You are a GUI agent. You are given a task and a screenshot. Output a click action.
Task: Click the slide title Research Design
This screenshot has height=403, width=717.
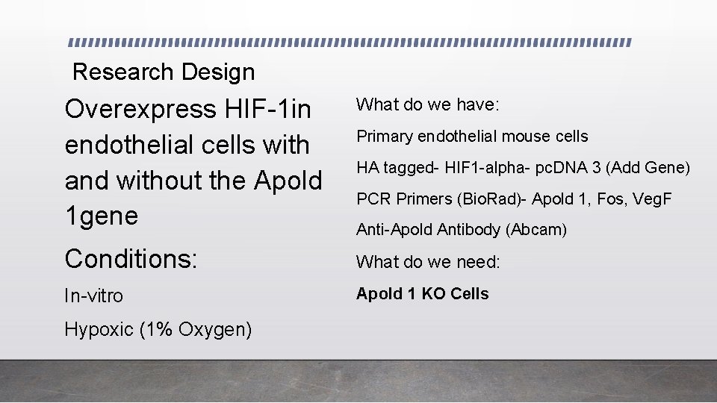164,72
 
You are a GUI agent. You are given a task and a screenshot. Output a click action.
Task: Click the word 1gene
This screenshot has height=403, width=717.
102,216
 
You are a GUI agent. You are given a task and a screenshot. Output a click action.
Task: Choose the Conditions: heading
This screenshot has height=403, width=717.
131,259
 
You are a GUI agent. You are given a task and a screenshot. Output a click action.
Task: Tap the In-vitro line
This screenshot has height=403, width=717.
93,296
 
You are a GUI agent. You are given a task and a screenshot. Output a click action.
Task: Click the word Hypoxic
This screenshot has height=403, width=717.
99,329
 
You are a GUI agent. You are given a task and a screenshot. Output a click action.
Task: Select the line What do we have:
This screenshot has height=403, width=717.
427,104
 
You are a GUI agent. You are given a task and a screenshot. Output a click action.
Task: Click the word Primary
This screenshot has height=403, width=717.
385,137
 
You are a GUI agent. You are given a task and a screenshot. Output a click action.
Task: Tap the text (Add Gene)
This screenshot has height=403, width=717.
648,168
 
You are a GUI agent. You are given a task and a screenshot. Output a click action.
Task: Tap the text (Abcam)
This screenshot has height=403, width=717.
536,230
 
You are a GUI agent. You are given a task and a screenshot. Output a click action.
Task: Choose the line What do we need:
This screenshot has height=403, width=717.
428,262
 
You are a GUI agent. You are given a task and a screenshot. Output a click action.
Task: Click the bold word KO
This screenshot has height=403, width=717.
434,294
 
